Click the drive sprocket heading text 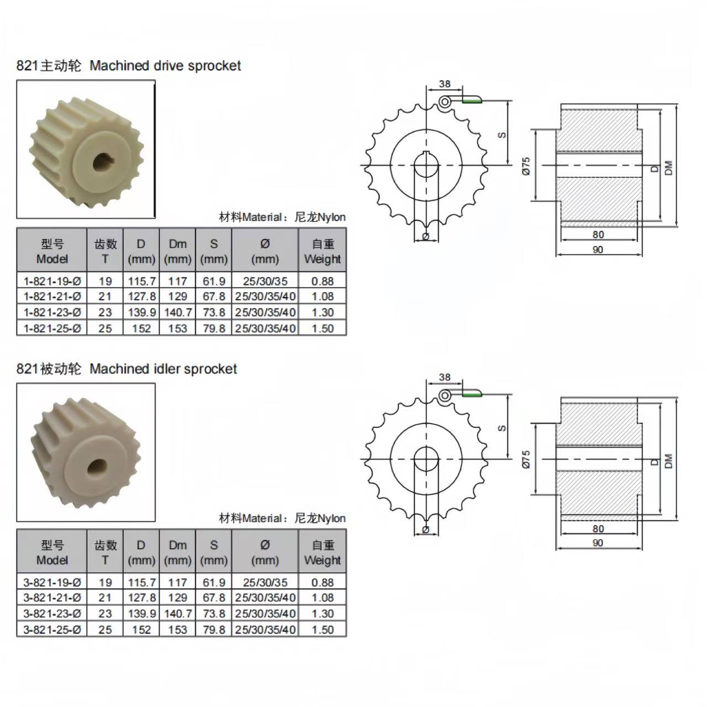click(128, 66)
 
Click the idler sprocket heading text click(126, 369)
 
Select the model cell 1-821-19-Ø click(52, 281)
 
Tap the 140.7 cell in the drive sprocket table click(177, 312)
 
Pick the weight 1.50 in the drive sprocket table click(323, 328)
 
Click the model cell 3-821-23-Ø click(52, 614)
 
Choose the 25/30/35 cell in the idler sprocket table click(265, 583)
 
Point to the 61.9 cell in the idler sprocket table click(214, 583)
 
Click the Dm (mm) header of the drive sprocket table click(177, 251)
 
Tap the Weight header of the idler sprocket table click(323, 560)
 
